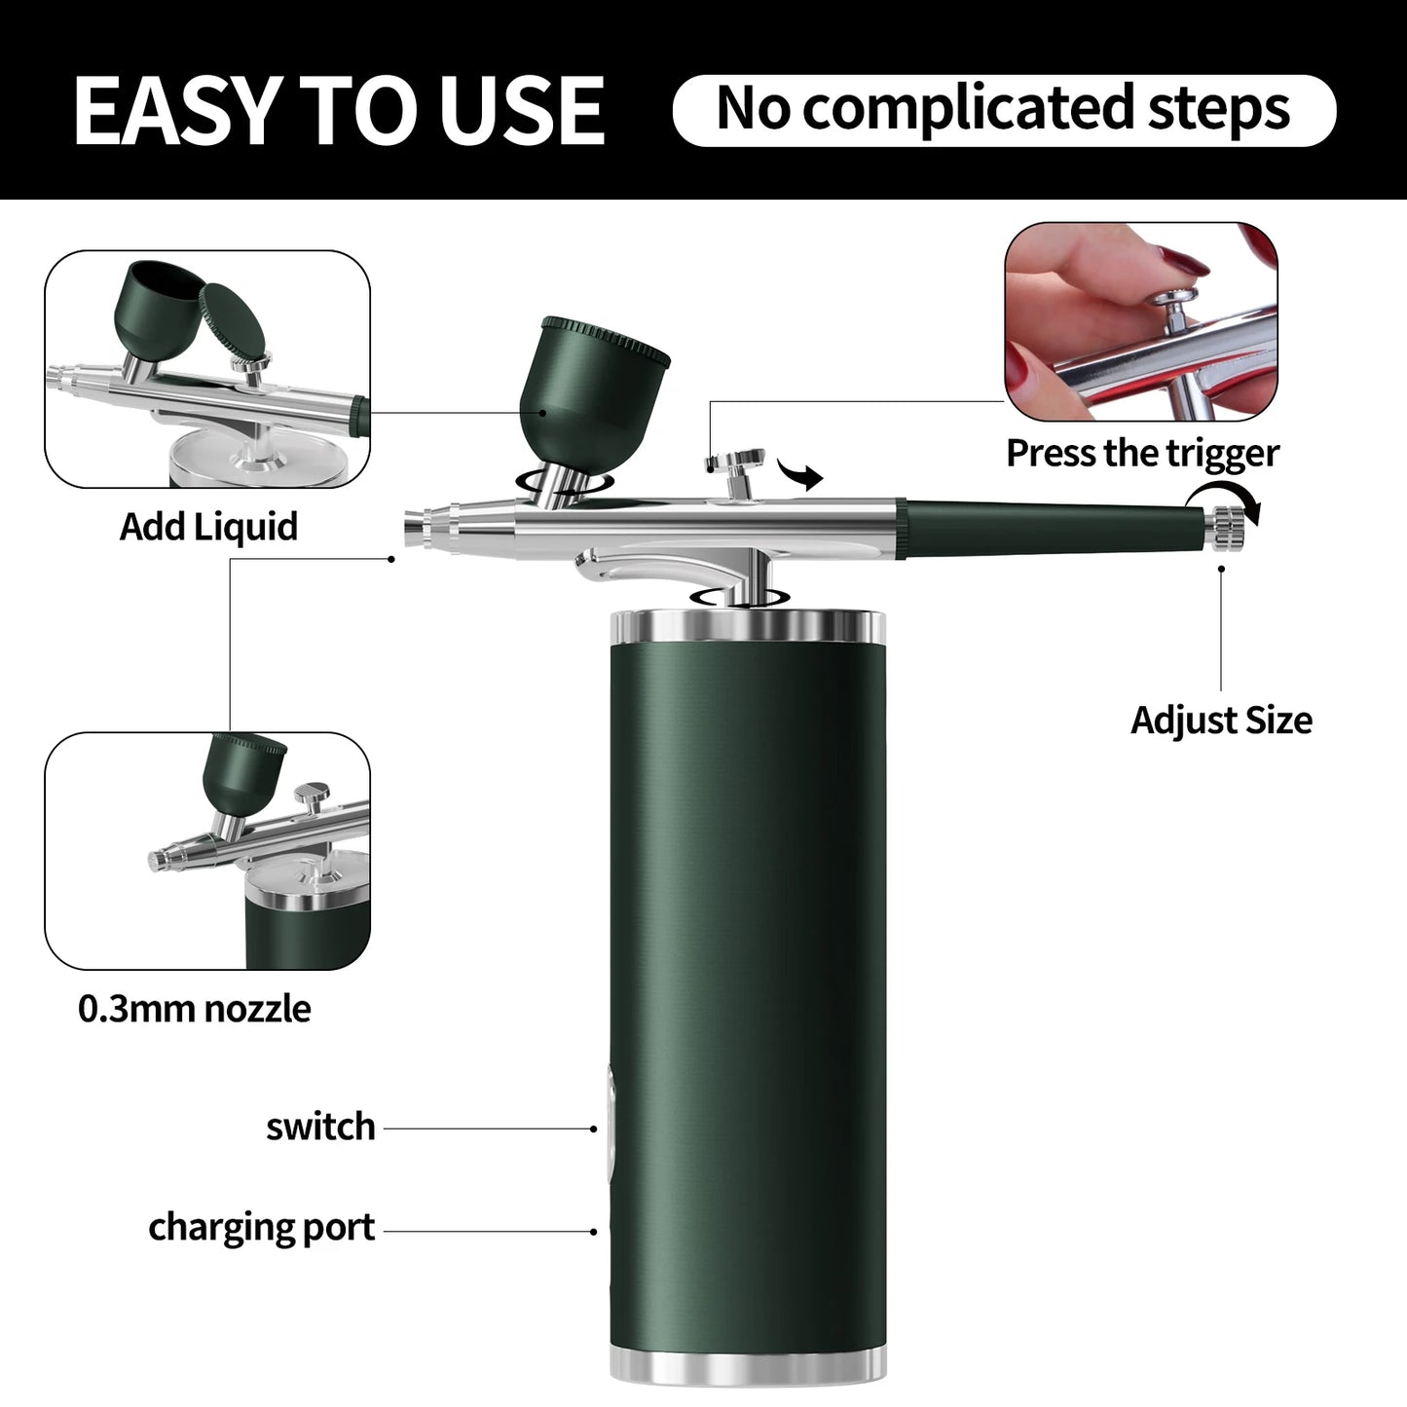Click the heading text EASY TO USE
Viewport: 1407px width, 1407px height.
tap(339, 110)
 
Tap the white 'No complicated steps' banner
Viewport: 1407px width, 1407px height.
tap(1003, 110)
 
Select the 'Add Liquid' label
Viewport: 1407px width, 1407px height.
tap(208, 527)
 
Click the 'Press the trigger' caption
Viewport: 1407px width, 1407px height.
tap(1141, 453)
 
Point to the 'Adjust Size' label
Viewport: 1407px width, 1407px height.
tap(1221, 721)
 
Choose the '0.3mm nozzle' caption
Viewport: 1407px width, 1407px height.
tap(194, 1009)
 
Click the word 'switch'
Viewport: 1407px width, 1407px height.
tap(320, 1127)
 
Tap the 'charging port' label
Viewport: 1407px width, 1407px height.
tap(261, 1228)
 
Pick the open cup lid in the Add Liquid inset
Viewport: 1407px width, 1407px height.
tap(234, 320)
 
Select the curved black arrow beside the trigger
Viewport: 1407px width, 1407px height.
tap(800, 476)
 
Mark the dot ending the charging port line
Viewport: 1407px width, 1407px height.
tap(593, 1232)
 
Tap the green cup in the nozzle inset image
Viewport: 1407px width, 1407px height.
tap(243, 769)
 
